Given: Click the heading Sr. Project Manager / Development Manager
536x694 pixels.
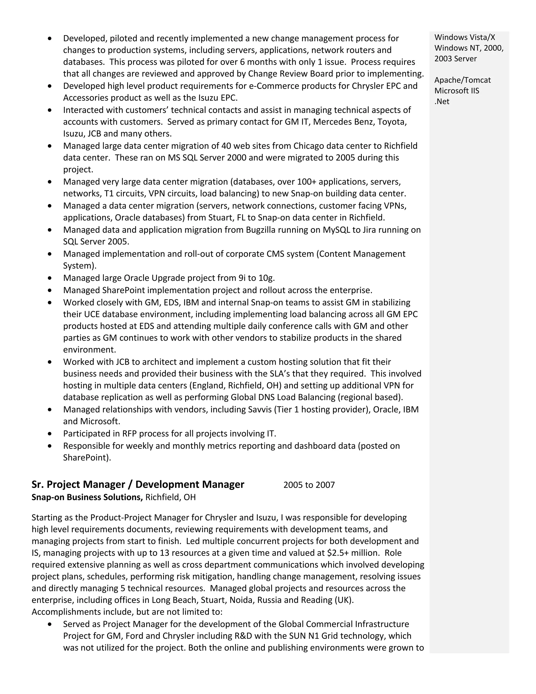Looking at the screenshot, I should [138, 484].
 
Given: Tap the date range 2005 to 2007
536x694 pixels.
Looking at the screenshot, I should [309, 485].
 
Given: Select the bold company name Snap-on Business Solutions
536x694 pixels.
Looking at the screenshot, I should [87, 497].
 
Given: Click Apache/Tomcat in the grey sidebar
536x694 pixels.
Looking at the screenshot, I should [462, 80].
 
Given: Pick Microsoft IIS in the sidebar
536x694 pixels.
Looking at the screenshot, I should [457, 91].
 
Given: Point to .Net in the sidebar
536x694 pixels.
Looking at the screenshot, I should [442, 101].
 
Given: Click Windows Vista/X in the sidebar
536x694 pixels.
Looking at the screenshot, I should [465, 37].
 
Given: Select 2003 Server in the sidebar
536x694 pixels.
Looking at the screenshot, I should [455, 59].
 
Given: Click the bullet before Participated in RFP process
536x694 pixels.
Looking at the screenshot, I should [50, 433].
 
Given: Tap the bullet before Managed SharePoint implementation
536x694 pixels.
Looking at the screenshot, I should [50, 290].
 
